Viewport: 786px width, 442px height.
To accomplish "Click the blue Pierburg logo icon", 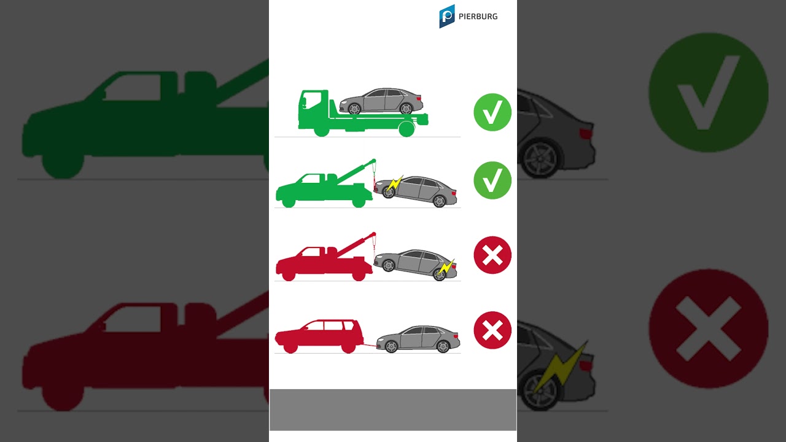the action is click(446, 16).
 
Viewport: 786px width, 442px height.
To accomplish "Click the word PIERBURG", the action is click(478, 17).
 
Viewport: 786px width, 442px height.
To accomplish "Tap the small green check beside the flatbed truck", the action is click(492, 112).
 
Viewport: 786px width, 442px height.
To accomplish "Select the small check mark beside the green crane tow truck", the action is click(492, 180).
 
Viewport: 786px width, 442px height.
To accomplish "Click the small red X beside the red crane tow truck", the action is click(492, 255).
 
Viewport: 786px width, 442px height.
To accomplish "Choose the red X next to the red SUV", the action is click(492, 330).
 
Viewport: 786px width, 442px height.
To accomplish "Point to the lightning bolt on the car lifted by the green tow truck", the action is click(395, 184).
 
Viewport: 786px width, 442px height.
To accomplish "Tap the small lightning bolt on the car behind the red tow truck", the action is click(446, 268).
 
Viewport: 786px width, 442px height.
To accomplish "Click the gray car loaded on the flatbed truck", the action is click(381, 101).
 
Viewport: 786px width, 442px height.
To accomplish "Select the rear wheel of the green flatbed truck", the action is click(407, 129).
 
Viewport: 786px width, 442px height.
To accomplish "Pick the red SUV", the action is click(319, 336).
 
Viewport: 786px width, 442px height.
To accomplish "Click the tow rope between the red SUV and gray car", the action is click(370, 346).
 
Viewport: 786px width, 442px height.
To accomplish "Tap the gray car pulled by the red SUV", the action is click(418, 339).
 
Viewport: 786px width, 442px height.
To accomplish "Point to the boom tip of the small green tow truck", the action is click(374, 161).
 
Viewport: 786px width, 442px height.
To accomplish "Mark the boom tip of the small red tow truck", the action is click(374, 234).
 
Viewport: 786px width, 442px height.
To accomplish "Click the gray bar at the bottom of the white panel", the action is click(393, 409).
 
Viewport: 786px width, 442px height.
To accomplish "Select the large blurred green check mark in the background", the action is click(708, 93).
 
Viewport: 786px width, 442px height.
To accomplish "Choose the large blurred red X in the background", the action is click(708, 328).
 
